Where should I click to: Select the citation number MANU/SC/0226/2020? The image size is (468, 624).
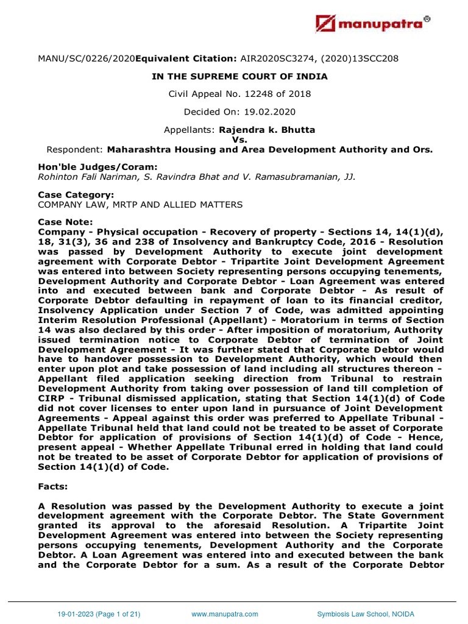point(86,58)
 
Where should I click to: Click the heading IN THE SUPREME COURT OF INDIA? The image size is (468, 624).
point(239,76)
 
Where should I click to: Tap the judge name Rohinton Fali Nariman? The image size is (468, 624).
point(86,177)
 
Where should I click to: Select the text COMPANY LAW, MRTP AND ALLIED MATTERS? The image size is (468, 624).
point(140,205)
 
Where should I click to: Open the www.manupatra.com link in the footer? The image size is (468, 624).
point(225,614)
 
